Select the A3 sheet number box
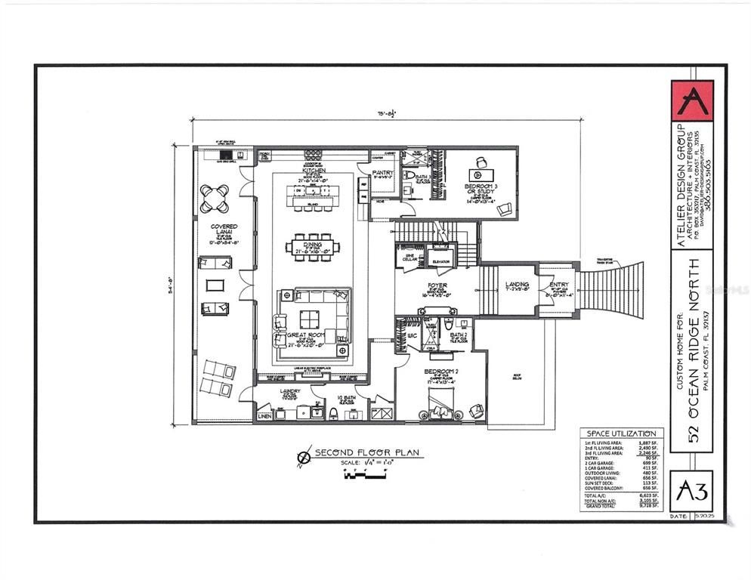(691, 491)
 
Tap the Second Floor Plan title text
(368, 453)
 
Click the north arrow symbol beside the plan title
(305, 456)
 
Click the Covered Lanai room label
(224, 230)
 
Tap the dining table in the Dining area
(311, 246)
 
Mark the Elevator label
(440, 261)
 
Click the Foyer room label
(437, 286)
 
